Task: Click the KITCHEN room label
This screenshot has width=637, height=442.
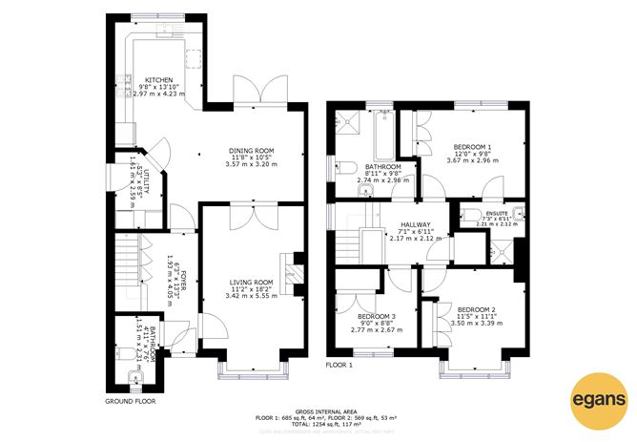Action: [158, 80]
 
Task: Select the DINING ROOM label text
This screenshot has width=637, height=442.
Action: [251, 150]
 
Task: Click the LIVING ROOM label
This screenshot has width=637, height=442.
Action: [252, 283]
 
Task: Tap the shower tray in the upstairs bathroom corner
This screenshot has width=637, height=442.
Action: [344, 122]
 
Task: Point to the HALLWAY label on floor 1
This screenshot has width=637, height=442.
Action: [409, 224]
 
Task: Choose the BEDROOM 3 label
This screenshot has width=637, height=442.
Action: [377, 316]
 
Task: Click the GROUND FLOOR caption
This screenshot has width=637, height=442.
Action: [131, 402]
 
